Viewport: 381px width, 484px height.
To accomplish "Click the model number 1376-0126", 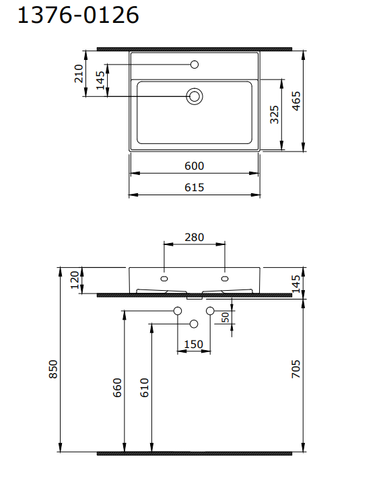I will point(78,15).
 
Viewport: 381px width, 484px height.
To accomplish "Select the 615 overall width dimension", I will point(194,188).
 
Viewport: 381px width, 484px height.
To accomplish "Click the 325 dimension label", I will point(274,114).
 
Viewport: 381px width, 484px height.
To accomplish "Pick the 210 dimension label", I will point(79,72).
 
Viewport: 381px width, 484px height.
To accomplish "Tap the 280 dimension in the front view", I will point(194,238).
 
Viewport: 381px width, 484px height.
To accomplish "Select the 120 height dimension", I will point(73,280).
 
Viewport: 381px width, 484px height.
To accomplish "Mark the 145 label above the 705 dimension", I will point(297,283).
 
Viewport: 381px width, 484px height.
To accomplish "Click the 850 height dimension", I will point(55,369).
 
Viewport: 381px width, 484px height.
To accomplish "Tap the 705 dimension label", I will point(296,370).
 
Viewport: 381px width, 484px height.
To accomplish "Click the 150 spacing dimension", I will point(193,345).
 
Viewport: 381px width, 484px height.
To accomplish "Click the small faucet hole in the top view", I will point(195,65).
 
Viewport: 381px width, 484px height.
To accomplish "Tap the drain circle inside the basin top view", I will point(195,96).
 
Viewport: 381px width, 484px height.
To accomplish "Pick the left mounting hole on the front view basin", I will point(164,277).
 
